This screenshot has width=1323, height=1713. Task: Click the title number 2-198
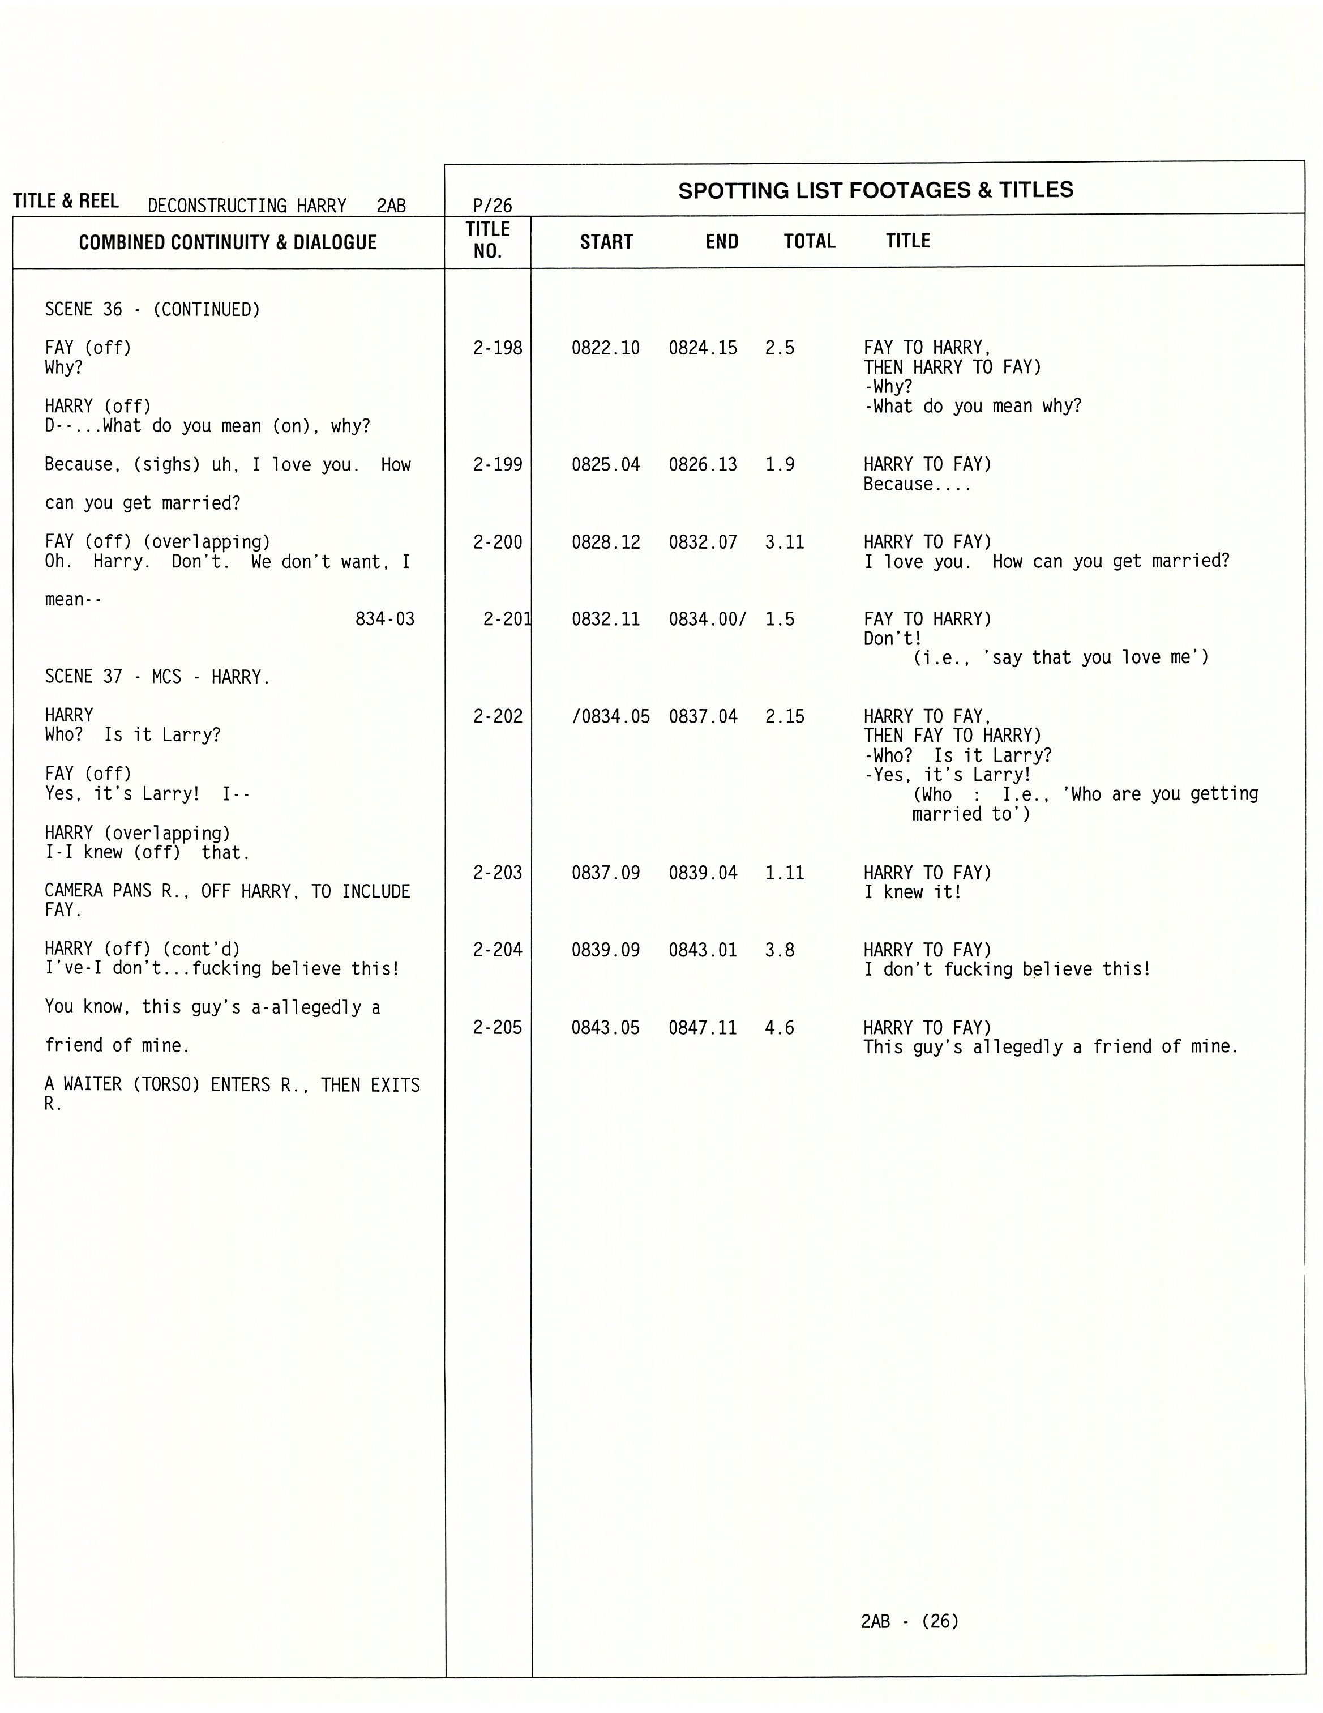pos(497,348)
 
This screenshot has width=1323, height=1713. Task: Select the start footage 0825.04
pos(605,465)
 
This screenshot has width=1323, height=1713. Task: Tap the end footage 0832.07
pos(703,542)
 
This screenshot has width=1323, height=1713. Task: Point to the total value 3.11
pos(784,542)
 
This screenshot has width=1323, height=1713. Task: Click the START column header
pos(606,242)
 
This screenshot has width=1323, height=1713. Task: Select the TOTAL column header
pos(810,242)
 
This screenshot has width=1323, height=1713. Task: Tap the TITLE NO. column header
pos(488,240)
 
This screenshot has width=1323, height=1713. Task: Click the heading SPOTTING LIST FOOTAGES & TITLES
pos(875,191)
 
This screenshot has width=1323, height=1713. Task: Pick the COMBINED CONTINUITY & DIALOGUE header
pos(228,242)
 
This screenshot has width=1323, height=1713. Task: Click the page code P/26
pos(493,206)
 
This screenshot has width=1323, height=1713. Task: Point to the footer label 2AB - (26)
pos(910,1621)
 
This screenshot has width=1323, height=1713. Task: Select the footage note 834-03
pos(384,620)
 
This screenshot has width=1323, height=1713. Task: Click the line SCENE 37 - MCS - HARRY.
pos(157,677)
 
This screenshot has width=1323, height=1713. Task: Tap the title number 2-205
pos(497,1027)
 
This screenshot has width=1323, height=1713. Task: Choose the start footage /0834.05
pos(610,717)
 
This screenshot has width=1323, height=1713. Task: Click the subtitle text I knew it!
pos(912,892)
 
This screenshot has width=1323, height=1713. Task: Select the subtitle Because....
pos(917,485)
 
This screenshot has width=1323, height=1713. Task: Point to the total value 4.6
pos(780,1027)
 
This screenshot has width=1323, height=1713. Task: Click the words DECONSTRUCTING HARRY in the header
pos(247,206)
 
